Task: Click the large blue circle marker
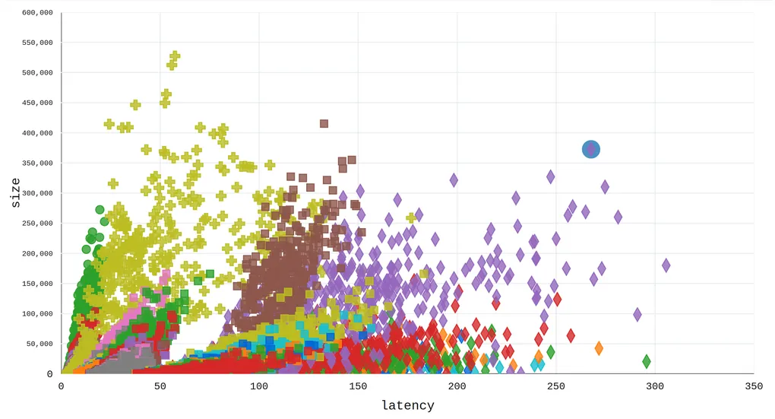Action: pyautogui.click(x=591, y=150)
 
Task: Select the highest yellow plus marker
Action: pyautogui.click(x=175, y=56)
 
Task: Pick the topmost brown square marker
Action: pyautogui.click(x=324, y=124)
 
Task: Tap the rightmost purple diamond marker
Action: pyautogui.click(x=666, y=265)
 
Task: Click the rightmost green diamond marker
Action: pyautogui.click(x=647, y=361)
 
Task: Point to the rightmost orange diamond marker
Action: pyautogui.click(x=599, y=348)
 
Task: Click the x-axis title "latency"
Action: pyautogui.click(x=407, y=405)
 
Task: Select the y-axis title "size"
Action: pyautogui.click(x=16, y=193)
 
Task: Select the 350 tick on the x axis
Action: pyautogui.click(x=754, y=386)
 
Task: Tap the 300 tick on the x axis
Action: pyautogui.click(x=655, y=386)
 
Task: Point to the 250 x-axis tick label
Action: pyautogui.click(x=556, y=386)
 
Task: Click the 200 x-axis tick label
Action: pyautogui.click(x=457, y=386)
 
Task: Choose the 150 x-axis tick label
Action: pyautogui.click(x=358, y=386)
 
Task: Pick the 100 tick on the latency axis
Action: pyautogui.click(x=259, y=386)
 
